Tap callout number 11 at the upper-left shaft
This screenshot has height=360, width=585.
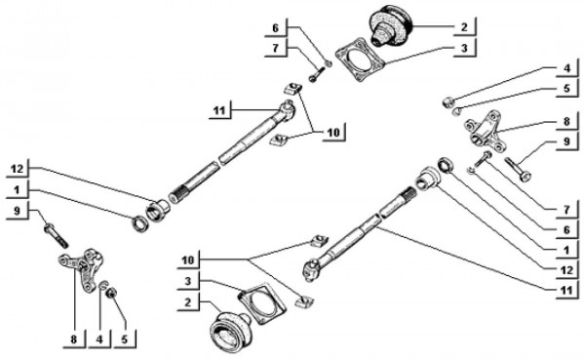218,110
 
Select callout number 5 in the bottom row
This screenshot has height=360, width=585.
125,339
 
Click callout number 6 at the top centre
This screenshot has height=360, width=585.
276,28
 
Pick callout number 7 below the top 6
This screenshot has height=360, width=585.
276,49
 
